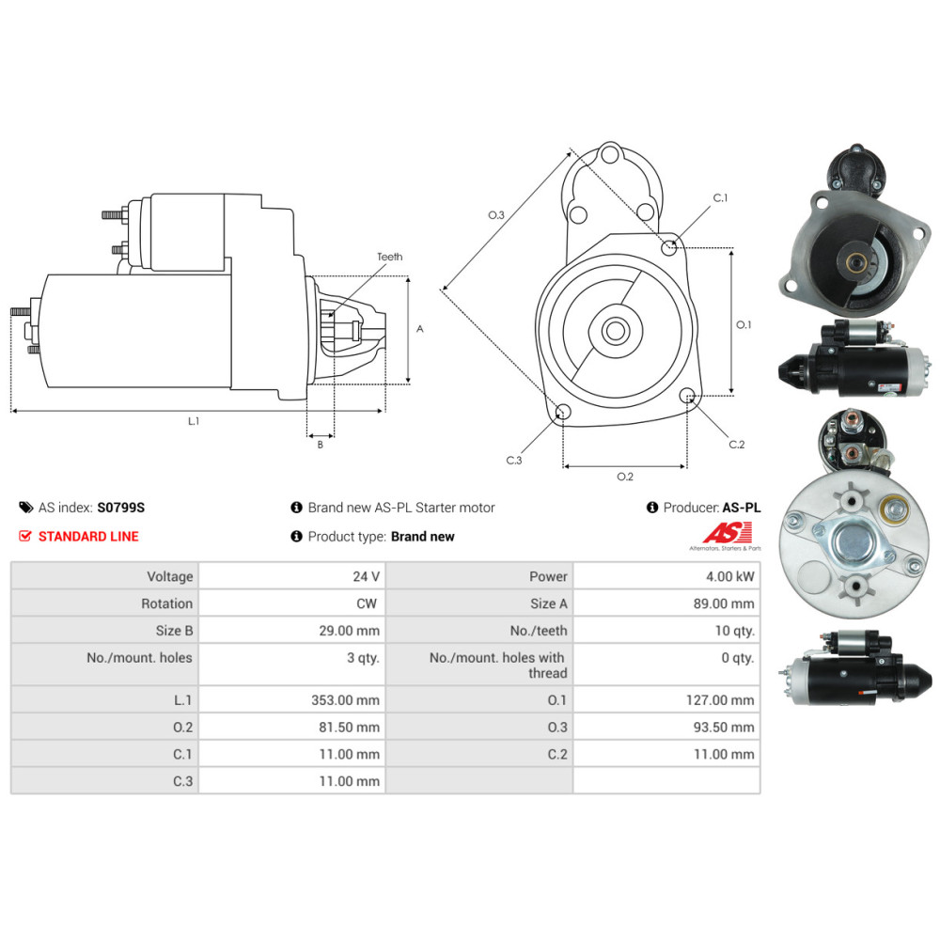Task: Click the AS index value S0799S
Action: (121, 508)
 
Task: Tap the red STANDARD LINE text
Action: (88, 537)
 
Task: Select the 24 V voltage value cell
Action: (292, 576)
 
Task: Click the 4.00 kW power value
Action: (729, 577)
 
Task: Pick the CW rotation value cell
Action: (292, 603)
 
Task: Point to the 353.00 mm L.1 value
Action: (345, 700)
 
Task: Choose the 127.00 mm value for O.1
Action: (720, 700)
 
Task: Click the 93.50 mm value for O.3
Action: (724, 728)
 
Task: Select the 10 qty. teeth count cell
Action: (666, 630)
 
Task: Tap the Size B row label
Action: (174, 631)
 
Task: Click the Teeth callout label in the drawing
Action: (390, 257)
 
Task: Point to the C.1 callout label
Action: (720, 197)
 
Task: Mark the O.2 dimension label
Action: (625, 477)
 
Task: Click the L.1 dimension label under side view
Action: (193, 421)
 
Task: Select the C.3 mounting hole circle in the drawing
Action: (563, 412)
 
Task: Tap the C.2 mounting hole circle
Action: (688, 395)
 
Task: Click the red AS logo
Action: (728, 532)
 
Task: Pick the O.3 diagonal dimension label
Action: (495, 214)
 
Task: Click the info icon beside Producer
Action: (652, 508)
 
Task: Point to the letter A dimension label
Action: (419, 328)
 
